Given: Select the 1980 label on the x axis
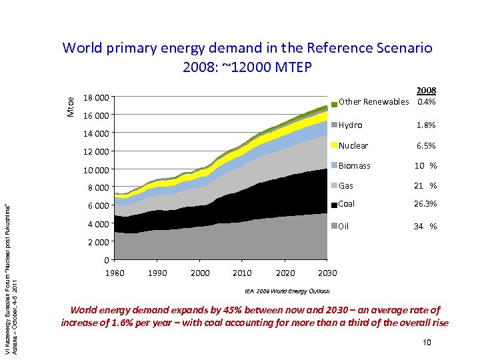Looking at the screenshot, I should tap(115, 273).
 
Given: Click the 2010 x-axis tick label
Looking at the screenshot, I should tap(242, 273).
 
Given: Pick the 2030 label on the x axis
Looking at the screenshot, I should tap(327, 273).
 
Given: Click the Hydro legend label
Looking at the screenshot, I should tap(351, 125).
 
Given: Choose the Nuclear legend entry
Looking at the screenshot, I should tap(353, 145).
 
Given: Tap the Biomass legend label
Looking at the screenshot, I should tap(355, 165).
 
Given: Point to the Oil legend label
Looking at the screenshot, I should tap(344, 226).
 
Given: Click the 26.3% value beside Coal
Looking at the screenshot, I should tap(425, 204).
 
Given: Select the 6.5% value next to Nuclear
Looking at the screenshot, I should tap(426, 145).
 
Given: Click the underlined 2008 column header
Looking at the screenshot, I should tap(426, 91).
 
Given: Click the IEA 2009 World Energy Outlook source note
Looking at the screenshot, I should tap(287, 291).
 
